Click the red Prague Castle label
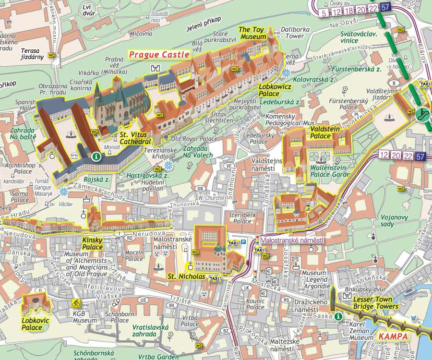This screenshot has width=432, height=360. tap(159, 55)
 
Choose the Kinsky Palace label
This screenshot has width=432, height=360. tap(92, 243)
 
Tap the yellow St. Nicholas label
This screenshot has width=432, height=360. tap(187, 276)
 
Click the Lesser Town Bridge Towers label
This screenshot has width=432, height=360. tap(375, 302)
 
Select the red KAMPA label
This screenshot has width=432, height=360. tap(393, 336)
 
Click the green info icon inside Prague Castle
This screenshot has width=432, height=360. tap(96, 156)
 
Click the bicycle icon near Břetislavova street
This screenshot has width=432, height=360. tap(75, 303)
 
